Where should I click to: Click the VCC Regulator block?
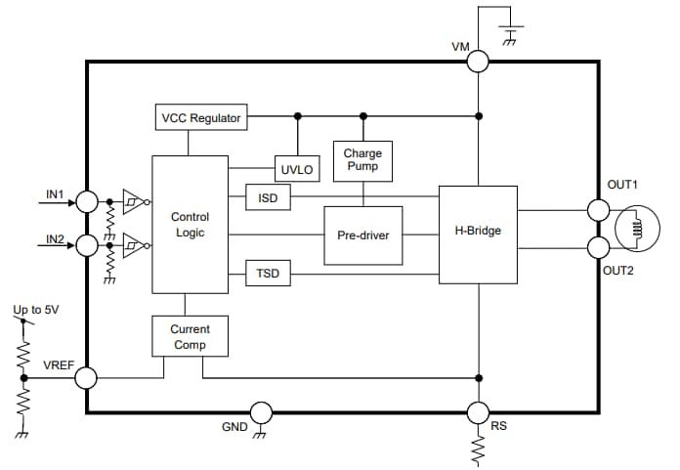tap(201, 118)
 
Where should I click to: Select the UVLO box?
tap(296, 169)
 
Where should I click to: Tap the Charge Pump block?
tap(362, 160)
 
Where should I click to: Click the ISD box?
tap(268, 197)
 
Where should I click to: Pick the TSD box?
tap(268, 274)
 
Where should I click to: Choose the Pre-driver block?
tap(362, 235)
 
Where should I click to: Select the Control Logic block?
tap(190, 225)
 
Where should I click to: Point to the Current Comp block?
tap(190, 337)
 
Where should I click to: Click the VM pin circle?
tap(478, 61)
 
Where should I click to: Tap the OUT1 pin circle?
tap(597, 210)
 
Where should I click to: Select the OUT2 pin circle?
tap(597, 244)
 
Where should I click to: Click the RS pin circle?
tap(478, 412)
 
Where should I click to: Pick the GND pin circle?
tap(260, 412)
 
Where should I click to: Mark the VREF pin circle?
tap(87, 377)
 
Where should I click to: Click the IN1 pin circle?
tap(87, 202)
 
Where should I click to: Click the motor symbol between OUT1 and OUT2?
tap(637, 228)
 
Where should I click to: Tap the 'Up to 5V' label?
tap(35, 310)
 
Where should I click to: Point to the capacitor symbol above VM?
tap(510, 27)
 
